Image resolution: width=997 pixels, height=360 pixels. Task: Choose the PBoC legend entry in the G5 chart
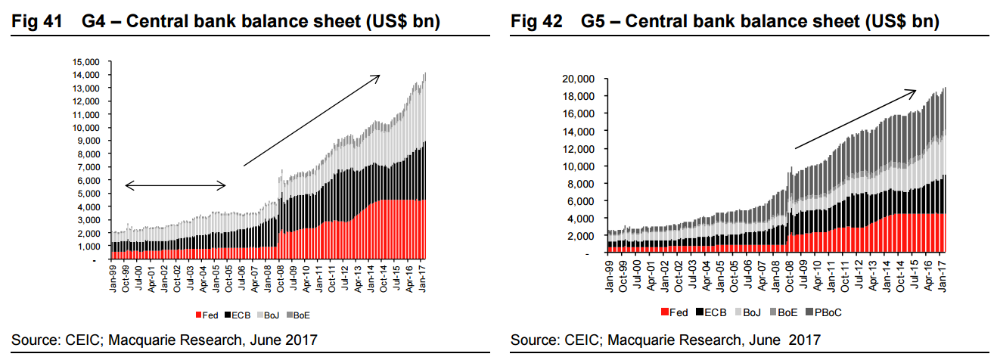pos(825,312)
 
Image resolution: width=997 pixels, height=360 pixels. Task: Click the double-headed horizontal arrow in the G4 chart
pos(175,185)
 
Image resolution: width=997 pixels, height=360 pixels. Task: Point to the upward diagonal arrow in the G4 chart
pos(311,120)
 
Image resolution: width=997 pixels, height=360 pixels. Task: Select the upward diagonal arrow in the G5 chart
pos(855,119)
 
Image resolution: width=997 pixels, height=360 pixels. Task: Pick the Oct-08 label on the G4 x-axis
pos(281,279)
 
